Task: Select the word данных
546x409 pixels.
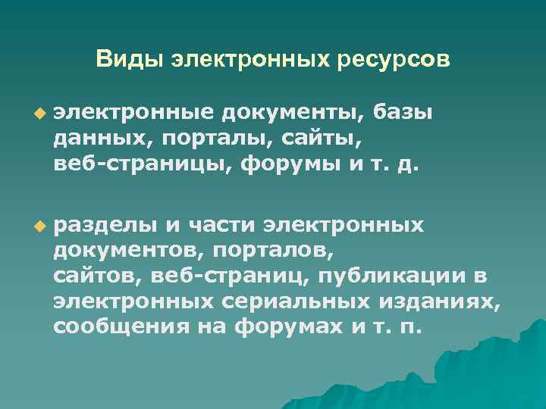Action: [96, 139]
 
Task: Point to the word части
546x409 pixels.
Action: [221, 225]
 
